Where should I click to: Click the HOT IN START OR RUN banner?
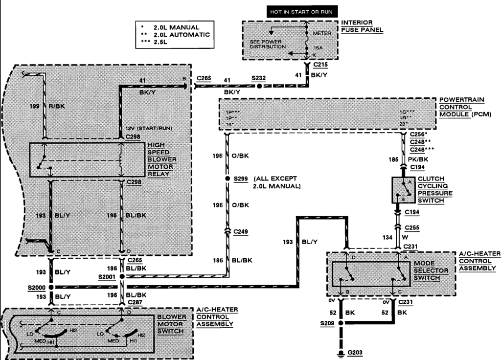pos(303,11)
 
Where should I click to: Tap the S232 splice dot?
pos(259,86)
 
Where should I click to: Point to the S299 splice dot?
pos(227,179)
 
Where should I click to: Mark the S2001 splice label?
pos(107,277)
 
